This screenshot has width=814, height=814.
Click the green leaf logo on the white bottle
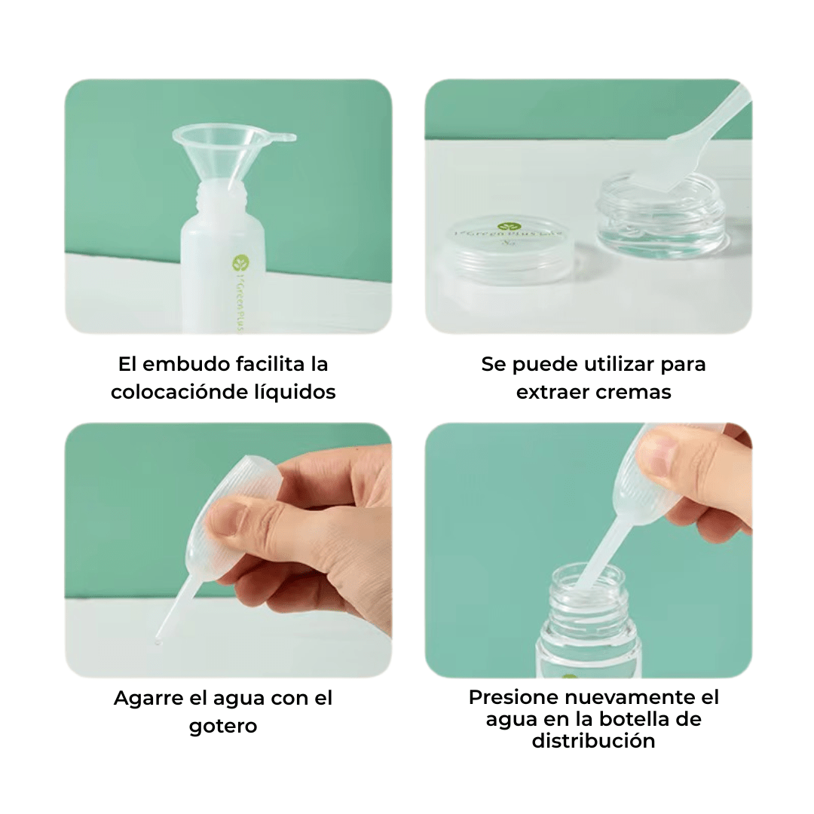tap(240, 263)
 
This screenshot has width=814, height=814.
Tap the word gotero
tap(223, 727)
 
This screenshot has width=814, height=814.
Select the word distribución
tap(593, 741)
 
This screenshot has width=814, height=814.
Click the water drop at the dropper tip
tap(158, 641)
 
